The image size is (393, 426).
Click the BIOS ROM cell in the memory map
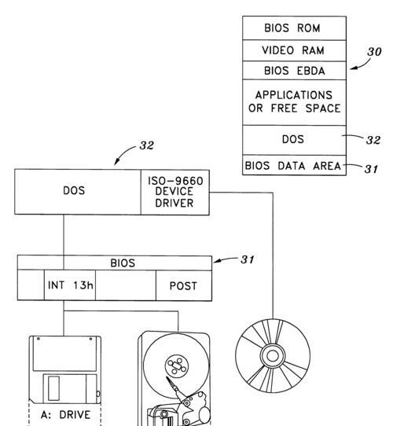pyautogui.click(x=294, y=28)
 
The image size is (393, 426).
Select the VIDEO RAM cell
pyautogui.click(x=294, y=50)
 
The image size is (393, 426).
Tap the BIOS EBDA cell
pyautogui.click(x=294, y=71)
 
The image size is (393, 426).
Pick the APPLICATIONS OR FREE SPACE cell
pyautogui.click(x=294, y=102)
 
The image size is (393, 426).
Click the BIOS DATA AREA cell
pyautogui.click(x=294, y=165)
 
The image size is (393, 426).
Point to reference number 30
pyautogui.click(x=374, y=52)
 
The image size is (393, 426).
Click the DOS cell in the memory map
pyautogui.click(x=294, y=140)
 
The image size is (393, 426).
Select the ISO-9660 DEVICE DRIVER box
pyautogui.click(x=175, y=192)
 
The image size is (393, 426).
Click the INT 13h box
pyautogui.click(x=70, y=285)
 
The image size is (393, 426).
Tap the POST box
pyautogui.click(x=184, y=285)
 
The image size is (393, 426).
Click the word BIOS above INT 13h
pyautogui.click(x=123, y=263)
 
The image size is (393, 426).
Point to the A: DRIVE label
pyautogui.click(x=65, y=415)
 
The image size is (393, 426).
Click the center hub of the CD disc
pyautogui.click(x=272, y=355)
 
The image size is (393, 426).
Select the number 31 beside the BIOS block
pyautogui.click(x=248, y=259)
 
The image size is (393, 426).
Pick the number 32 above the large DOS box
pyautogui.click(x=147, y=145)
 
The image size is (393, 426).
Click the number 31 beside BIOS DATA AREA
pyautogui.click(x=371, y=169)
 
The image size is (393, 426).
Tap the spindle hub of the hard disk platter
pyautogui.click(x=177, y=365)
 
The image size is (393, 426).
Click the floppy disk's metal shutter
pyautogui.click(x=70, y=388)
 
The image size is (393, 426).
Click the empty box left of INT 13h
pyautogui.click(x=31, y=285)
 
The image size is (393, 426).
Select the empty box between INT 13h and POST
pyautogui.click(x=126, y=285)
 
